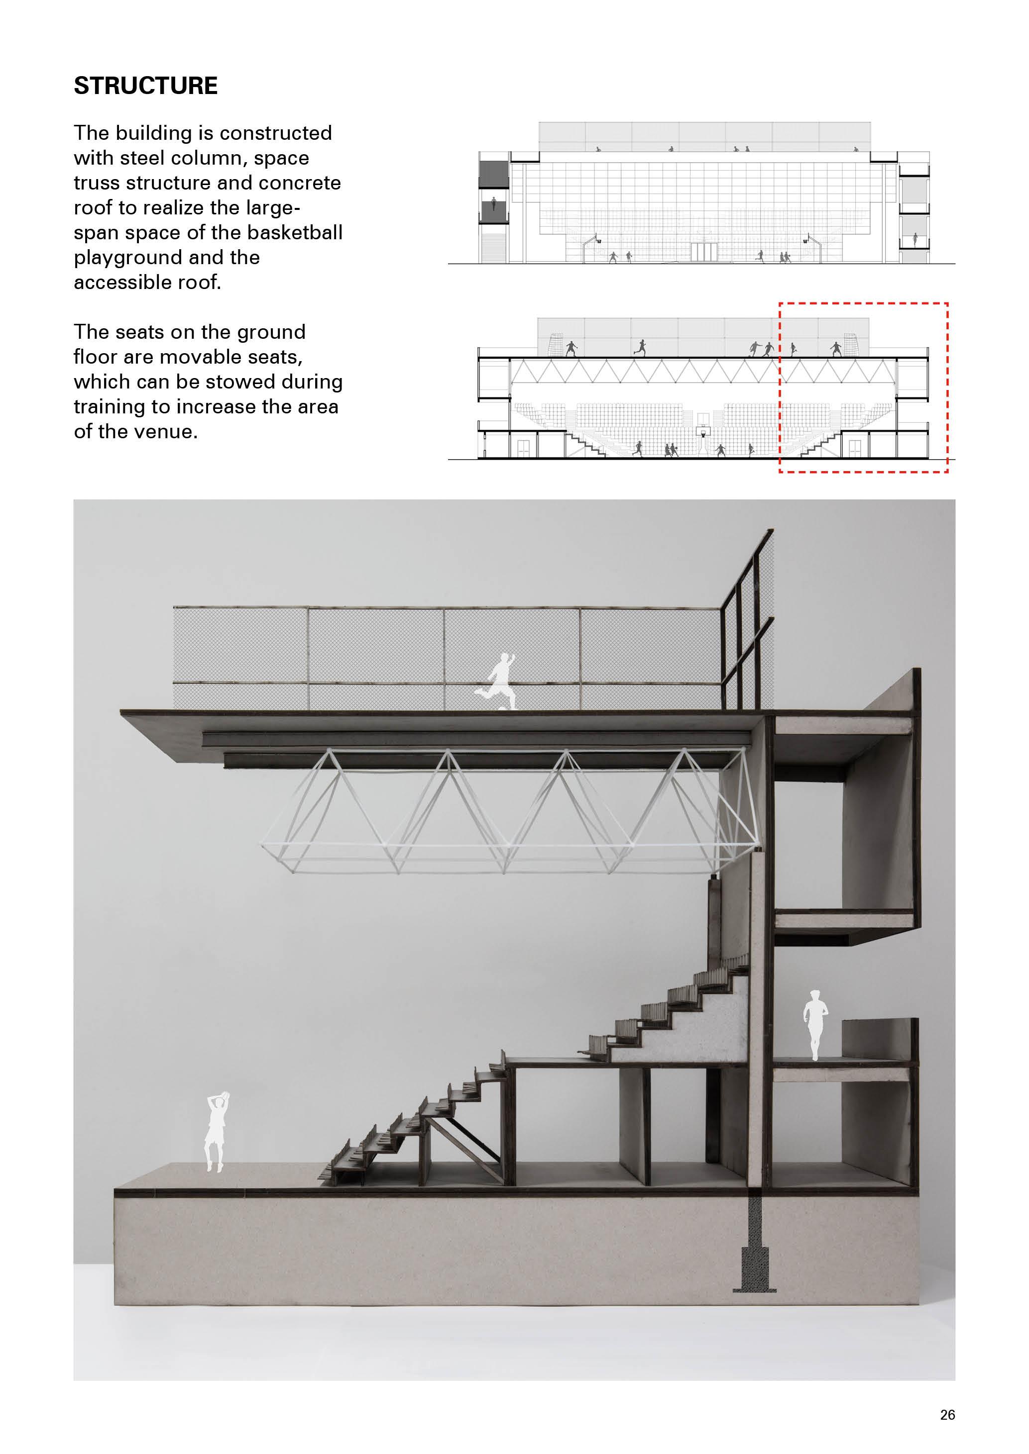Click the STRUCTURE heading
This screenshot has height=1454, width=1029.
146,86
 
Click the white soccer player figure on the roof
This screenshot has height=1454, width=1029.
497,681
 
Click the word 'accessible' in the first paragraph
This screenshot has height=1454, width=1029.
124,283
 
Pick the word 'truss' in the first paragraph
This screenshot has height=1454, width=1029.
95,183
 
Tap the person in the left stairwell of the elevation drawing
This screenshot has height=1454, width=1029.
493,206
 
